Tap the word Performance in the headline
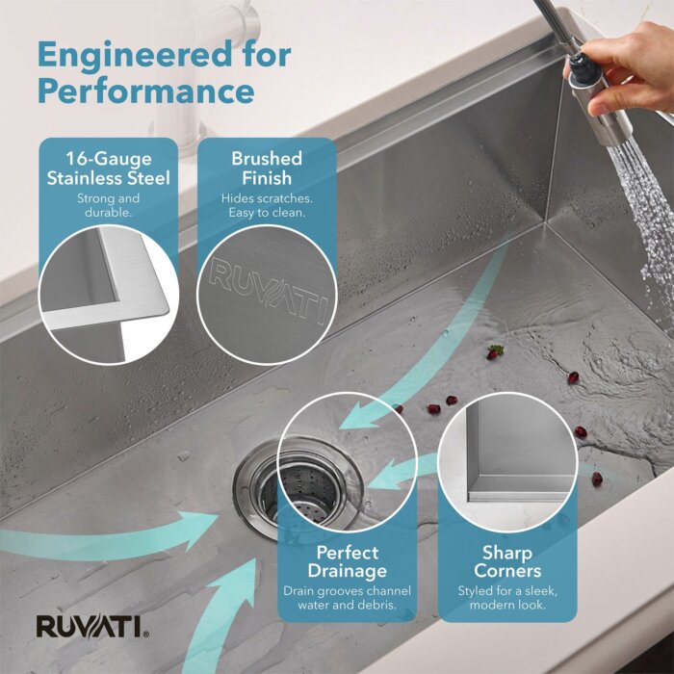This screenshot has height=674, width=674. point(146,91)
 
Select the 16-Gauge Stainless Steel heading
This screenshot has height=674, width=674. point(108,168)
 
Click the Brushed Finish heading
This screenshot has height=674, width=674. point(267,168)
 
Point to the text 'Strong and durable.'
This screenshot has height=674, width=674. point(108,205)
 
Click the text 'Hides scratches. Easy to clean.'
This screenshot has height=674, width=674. point(267,205)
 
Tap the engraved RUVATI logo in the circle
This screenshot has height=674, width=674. point(269,291)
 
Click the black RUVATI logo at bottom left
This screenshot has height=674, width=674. point(92,627)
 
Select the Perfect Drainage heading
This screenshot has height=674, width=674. point(348,561)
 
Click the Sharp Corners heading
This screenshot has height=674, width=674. point(507,561)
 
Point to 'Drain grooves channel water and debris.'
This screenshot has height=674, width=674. point(348,598)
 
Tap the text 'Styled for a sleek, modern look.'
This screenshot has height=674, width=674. point(507,598)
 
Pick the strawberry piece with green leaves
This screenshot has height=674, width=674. point(495,352)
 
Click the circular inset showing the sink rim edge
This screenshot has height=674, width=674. point(108,295)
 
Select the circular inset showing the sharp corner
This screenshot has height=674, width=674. point(507,462)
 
